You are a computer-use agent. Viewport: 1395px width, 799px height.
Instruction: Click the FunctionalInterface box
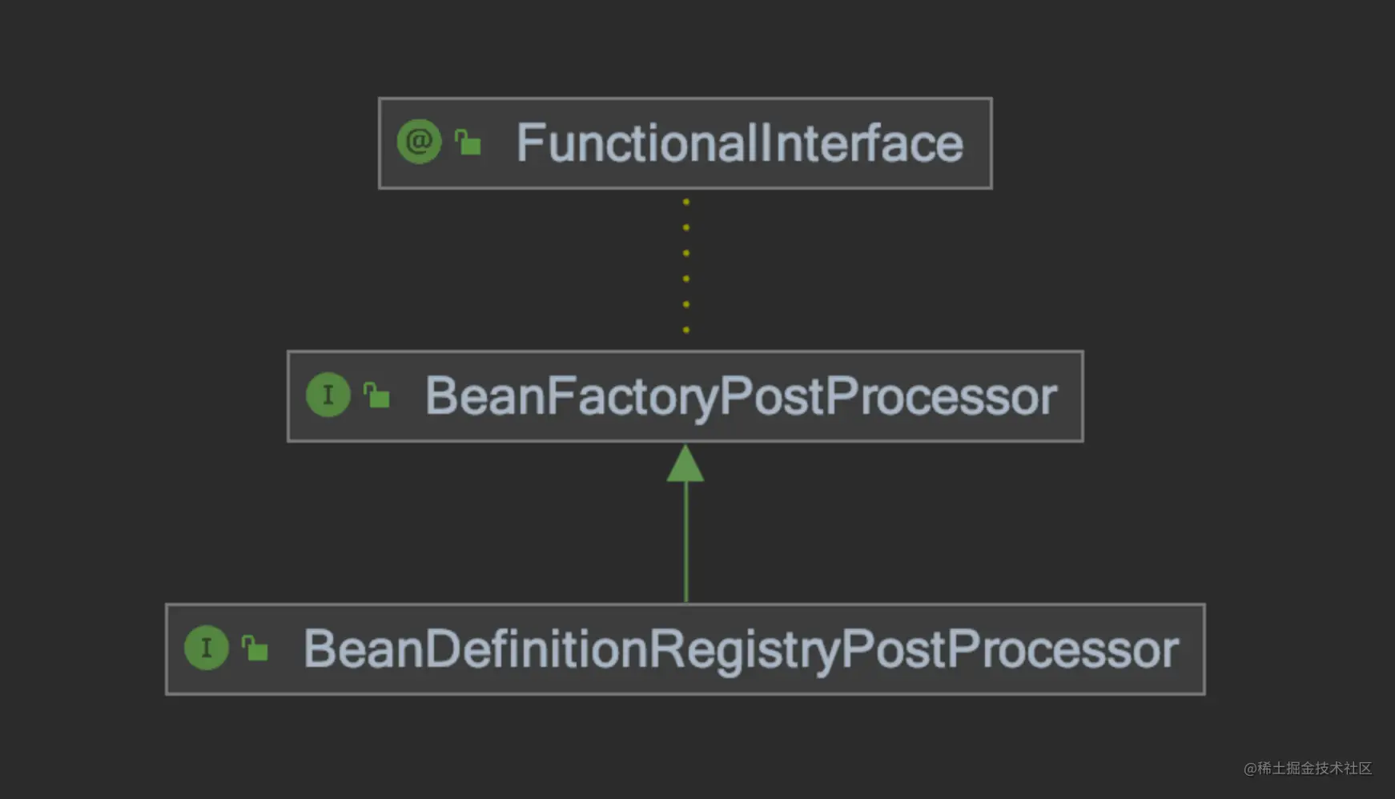(685, 143)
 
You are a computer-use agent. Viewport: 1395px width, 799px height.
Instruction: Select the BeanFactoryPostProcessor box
(685, 396)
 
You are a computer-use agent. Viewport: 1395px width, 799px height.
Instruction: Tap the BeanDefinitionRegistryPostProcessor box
(685, 649)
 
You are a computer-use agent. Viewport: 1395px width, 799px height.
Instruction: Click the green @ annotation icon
(419, 142)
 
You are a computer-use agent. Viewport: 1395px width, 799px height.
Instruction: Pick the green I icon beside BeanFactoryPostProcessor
(328, 395)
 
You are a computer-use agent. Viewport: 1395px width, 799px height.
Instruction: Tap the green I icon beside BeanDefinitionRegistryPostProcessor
(207, 648)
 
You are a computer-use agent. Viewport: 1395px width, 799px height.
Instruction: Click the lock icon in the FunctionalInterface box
(468, 142)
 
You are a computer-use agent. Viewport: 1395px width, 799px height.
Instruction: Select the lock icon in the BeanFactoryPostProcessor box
(376, 395)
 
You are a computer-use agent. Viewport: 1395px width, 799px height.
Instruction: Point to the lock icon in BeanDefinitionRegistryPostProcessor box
(255, 648)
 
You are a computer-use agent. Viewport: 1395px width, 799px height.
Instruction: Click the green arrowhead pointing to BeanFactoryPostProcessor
(685, 464)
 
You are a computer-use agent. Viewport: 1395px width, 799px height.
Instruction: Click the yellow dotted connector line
(686, 266)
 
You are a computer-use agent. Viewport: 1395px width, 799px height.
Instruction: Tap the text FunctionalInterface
(740, 143)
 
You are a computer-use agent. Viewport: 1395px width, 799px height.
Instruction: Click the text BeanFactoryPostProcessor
(741, 396)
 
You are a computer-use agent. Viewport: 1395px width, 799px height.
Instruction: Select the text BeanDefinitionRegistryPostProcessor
(741, 649)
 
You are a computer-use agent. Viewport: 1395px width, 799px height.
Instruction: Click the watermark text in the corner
(1307, 769)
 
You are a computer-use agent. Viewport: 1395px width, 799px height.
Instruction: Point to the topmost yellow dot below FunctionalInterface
(686, 202)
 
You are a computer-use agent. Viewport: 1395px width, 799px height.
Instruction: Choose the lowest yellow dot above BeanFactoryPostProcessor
(686, 330)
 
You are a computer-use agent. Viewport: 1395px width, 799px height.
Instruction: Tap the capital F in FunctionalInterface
(530, 143)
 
